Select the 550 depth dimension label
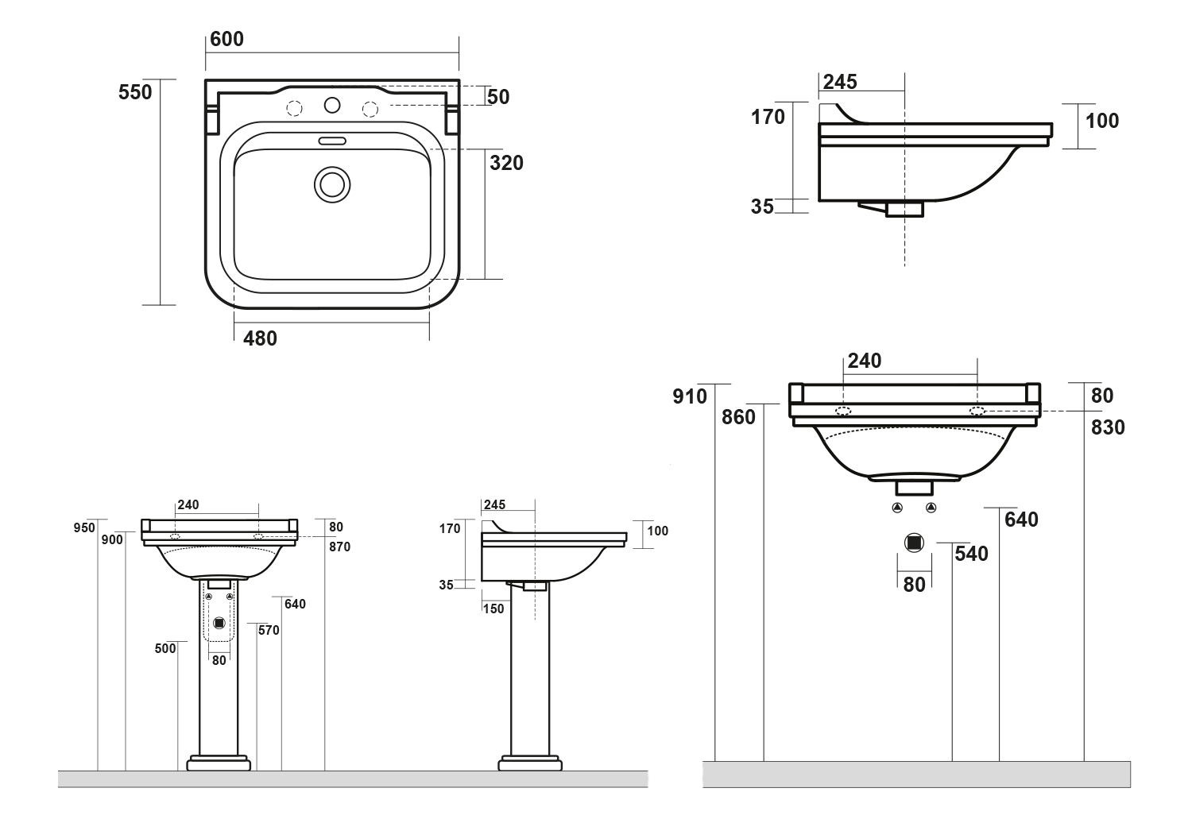[x=135, y=92]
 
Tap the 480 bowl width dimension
[x=260, y=338]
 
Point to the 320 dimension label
[x=506, y=163]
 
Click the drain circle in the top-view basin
[x=331, y=184]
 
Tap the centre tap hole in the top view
[x=332, y=105]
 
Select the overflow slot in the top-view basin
[x=331, y=141]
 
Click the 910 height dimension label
[x=690, y=396]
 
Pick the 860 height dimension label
[x=739, y=417]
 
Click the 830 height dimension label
[x=1108, y=427]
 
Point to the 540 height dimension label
[x=971, y=554]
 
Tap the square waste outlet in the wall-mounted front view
[x=914, y=543]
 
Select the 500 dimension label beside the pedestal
[x=165, y=649]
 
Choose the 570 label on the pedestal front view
[x=269, y=631]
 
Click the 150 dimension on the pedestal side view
[x=493, y=609]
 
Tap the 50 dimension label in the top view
[x=498, y=97]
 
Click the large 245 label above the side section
[x=840, y=82]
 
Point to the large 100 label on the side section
[x=1101, y=121]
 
